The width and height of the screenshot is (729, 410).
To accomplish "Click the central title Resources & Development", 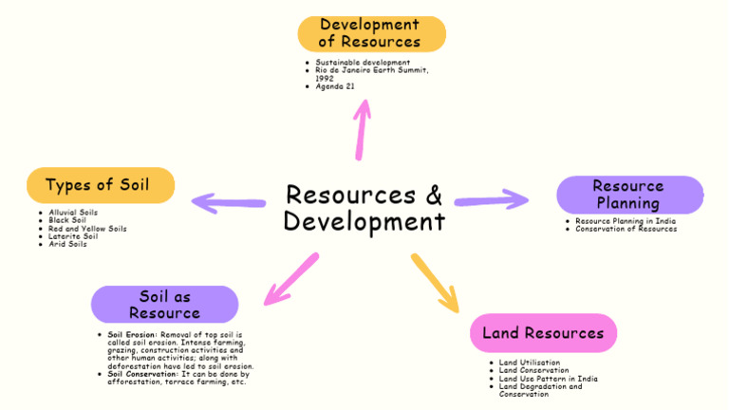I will coord(364,208).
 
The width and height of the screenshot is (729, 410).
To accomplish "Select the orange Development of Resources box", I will coord(371,33).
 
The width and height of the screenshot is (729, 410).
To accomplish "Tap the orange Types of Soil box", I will coord(101,185).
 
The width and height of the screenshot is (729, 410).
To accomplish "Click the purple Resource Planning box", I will coord(629,195).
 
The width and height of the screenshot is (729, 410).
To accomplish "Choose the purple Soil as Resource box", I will coord(165,305).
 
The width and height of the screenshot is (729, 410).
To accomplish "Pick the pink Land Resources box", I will coord(543,333).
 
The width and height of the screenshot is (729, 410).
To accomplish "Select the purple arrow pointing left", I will coord(228,202).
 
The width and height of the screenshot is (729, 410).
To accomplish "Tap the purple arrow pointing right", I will coord(492,199).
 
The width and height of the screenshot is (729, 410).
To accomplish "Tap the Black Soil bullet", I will coord(67,220).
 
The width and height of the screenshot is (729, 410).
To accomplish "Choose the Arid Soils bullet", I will coord(67,244).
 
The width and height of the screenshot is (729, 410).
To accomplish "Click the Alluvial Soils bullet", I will coord(73,213).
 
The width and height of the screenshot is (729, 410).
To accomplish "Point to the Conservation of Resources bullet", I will coord(626,229).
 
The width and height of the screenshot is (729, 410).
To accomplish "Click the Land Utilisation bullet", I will coord(530,363).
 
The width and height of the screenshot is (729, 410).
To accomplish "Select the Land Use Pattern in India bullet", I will coord(549,379).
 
